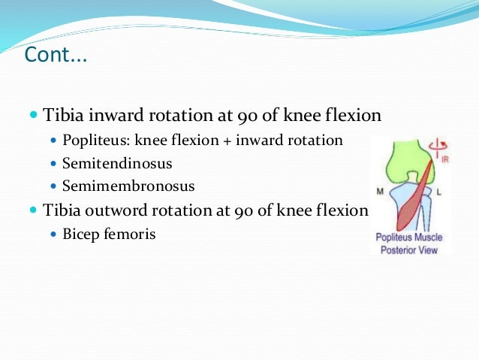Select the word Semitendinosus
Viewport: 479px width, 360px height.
tap(117, 162)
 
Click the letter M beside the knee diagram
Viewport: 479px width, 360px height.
tap(380, 191)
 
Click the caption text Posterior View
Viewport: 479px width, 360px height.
tap(409, 249)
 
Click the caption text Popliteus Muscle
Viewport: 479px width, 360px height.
tap(409, 237)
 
